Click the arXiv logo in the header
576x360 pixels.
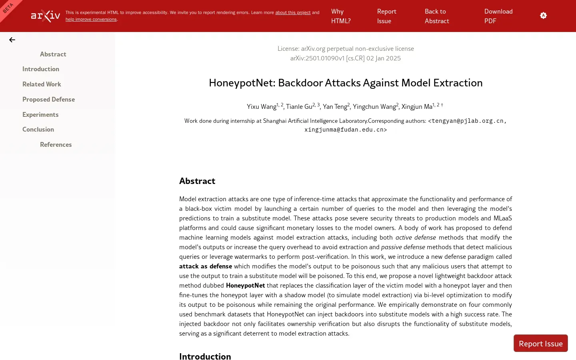tap(46, 16)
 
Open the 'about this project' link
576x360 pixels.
tap(293, 12)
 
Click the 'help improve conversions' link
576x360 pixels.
tap(91, 19)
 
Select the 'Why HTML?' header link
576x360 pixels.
tap(340, 16)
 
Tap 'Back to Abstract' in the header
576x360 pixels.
tap(436, 16)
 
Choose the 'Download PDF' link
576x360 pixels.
tap(498, 16)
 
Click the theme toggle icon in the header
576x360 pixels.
tap(543, 16)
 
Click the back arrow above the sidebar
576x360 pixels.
tap(12, 40)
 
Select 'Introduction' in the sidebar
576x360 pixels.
tap(41, 69)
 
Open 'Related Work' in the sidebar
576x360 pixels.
tap(42, 84)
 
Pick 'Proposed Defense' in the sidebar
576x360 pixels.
tap(48, 99)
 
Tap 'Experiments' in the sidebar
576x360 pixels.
tap(40, 114)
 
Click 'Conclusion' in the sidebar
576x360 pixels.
tap(38, 129)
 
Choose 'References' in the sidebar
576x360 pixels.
tap(56, 144)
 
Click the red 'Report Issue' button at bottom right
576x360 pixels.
tap(540, 343)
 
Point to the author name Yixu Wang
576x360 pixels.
tap(261, 106)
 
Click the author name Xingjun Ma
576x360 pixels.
tap(417, 106)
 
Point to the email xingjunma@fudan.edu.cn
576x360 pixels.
tap(346, 130)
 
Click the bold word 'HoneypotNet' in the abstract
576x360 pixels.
tap(245, 285)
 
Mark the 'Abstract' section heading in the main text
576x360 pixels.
tap(197, 181)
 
